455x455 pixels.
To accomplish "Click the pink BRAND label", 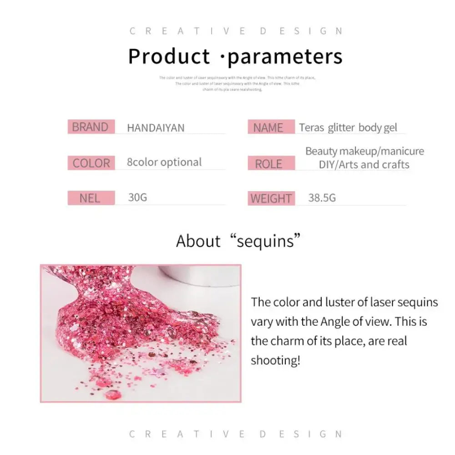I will pos(91,127).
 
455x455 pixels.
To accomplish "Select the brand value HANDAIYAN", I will pos(156,128).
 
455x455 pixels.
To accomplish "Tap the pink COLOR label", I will pos(91,163).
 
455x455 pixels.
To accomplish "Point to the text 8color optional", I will pos(164,162).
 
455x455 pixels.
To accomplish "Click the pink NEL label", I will pos(90,198).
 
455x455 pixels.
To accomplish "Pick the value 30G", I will pos(137,197).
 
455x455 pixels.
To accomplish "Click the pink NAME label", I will pos(268,128).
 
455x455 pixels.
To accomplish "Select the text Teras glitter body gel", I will pos(348,128).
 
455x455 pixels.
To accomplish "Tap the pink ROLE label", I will pos(268,164).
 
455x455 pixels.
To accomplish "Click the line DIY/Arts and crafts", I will pos(364,165).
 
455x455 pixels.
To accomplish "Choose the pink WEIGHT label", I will pos(271,198).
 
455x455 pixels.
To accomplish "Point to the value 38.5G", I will pos(322,198).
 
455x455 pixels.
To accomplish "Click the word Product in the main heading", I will pos(169,57).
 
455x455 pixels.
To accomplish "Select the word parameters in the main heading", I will pos(285,57).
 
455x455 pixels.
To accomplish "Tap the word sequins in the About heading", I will pos(269,241).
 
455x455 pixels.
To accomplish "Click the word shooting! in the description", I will pos(276,360).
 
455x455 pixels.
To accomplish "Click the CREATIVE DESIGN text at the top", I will pos(236,31).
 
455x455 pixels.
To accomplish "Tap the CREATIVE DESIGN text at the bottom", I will pos(236,434).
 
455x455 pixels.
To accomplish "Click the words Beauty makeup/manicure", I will pos(364,151).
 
